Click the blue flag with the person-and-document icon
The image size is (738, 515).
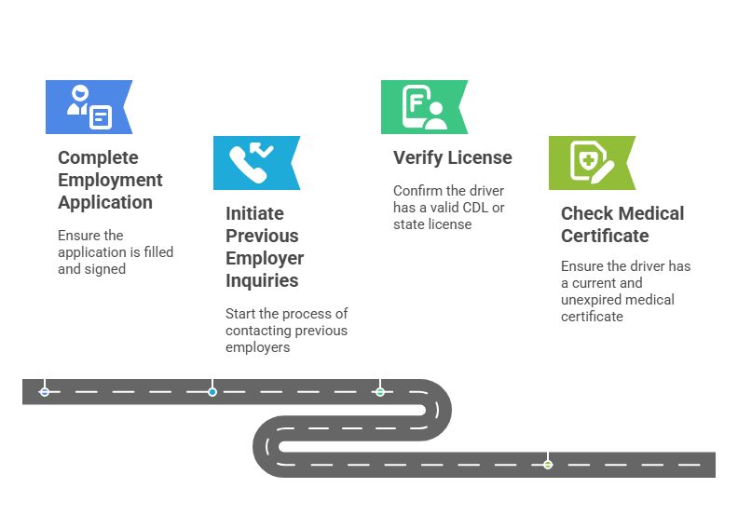[89, 106]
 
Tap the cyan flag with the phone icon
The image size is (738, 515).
[255, 163]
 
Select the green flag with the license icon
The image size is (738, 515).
[423, 107]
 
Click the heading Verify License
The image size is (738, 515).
[453, 157]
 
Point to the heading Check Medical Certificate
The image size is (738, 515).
[622, 224]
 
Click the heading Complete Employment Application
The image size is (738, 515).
[110, 180]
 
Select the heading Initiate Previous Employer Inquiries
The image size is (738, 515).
[264, 247]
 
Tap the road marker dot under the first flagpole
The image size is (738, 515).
[45, 392]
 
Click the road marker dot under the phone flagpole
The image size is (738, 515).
[212, 392]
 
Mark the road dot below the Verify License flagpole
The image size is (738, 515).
[380, 392]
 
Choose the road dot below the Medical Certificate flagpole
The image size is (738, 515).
[548, 464]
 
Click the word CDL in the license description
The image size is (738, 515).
[476, 208]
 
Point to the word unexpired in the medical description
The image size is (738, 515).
[596, 299]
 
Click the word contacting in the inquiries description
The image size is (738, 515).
[256, 331]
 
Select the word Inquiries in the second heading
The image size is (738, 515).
[262, 280]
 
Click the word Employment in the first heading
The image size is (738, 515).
[110, 180]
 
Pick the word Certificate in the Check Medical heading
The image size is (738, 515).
[605, 236]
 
